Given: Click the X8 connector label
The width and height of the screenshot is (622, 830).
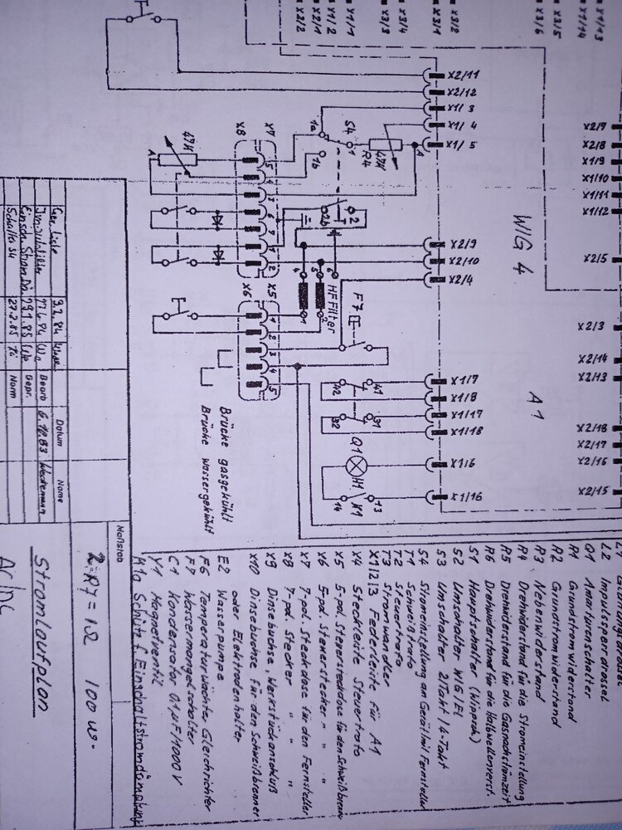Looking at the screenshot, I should (240, 134).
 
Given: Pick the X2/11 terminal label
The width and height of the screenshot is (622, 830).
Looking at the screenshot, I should (466, 74).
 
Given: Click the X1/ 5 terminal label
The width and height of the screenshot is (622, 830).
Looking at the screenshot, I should (466, 144).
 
